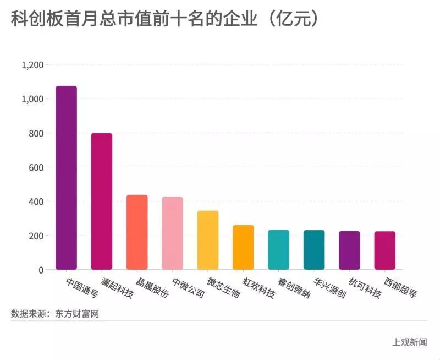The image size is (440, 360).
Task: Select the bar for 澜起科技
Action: [102, 201]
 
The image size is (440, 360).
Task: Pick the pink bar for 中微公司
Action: [172, 233]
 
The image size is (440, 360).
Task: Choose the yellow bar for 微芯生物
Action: [208, 240]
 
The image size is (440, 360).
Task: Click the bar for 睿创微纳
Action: [278, 250]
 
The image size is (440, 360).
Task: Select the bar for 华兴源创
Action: [314, 250]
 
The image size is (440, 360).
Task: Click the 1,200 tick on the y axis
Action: [32, 65]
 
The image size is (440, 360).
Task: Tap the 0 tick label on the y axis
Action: [41, 270]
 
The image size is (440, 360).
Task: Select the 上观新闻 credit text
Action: [409, 342]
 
